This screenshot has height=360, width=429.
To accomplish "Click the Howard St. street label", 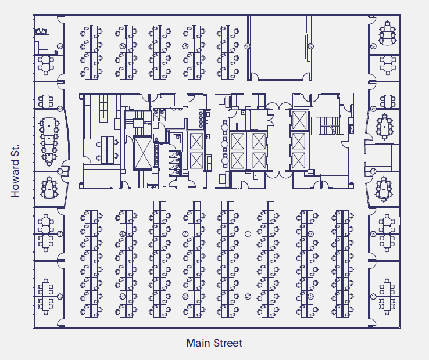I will pos(16,171).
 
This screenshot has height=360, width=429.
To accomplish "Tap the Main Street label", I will pos(214,343).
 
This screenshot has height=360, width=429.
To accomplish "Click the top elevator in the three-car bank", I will pos(299,120).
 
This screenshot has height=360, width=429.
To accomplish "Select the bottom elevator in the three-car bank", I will pos(299,160).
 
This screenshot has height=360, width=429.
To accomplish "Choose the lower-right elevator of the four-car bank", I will pos(258,160).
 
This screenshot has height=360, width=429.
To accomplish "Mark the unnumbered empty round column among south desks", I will pos(248,233).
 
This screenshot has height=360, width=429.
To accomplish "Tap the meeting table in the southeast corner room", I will pos(387,296).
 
